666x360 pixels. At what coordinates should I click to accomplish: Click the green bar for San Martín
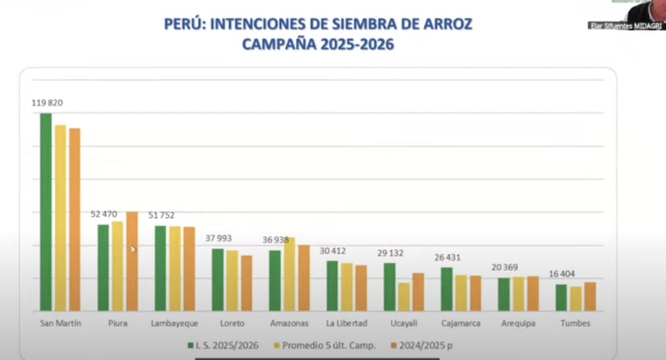coord(46,212)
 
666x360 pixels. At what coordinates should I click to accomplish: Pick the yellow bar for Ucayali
coord(404,296)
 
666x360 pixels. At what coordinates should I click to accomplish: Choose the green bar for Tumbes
coord(561,297)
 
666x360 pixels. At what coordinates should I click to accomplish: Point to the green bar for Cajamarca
coord(447,289)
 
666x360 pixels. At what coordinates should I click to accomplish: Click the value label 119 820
coord(48,103)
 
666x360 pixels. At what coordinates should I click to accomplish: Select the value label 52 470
coord(104,214)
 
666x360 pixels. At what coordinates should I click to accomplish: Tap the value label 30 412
coord(333,251)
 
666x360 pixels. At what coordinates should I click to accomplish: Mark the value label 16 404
coord(562,274)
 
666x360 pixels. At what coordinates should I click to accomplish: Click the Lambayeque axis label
coord(174,324)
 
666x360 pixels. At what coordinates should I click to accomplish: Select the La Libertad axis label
coord(346,324)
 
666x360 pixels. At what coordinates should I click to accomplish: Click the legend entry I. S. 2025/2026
coord(223,345)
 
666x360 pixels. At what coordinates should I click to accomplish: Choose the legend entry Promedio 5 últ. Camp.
coord(325,345)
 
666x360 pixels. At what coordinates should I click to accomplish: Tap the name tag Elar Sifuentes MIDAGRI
coord(625,26)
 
